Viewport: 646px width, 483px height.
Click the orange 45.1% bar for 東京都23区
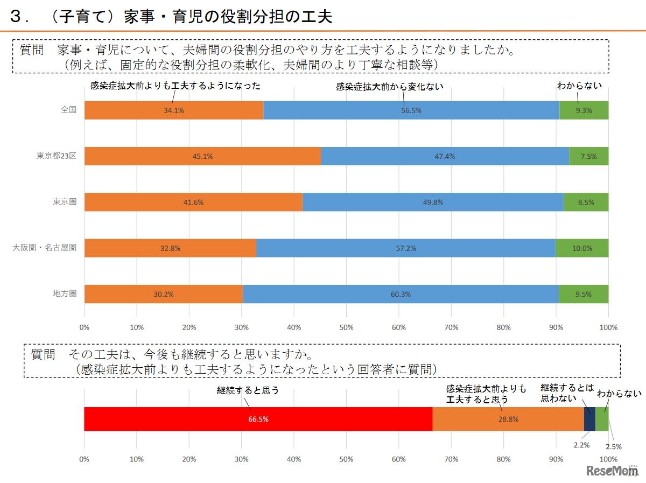pyautogui.click(x=202, y=156)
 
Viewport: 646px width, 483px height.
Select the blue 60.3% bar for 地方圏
pyautogui.click(x=401, y=294)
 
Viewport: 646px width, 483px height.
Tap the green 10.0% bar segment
pyautogui.click(x=582, y=248)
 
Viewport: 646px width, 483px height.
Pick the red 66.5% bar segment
pyautogui.click(x=258, y=419)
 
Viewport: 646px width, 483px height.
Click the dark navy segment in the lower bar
pyautogui.click(x=589, y=419)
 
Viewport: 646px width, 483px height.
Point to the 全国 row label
pyautogui.click(x=68, y=109)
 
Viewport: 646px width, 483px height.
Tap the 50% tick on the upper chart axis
pyautogui.click(x=346, y=327)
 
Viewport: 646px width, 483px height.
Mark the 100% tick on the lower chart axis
pyautogui.click(x=608, y=459)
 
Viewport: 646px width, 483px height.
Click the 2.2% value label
pyautogui.click(x=581, y=445)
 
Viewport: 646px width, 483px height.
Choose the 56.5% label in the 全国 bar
pyautogui.click(x=411, y=110)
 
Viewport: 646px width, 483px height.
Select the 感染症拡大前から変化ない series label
pyautogui.click(x=389, y=86)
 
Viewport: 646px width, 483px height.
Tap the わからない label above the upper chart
pyautogui.click(x=579, y=85)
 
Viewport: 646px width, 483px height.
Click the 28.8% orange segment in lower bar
pyautogui.click(x=508, y=419)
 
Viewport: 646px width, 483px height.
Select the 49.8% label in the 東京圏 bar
pyautogui.click(x=433, y=202)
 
